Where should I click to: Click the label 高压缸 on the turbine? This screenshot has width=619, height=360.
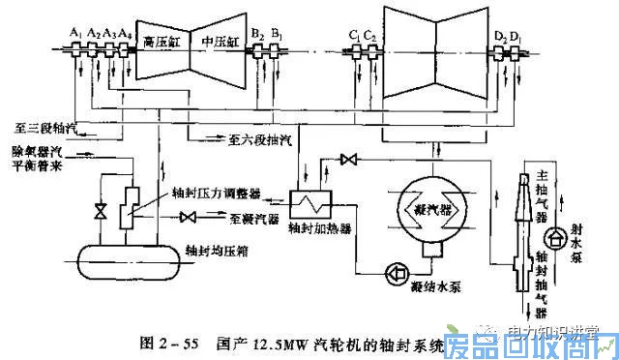[160, 42]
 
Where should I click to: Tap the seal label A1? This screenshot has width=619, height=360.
[75, 32]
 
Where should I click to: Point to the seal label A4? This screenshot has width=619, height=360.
[126, 32]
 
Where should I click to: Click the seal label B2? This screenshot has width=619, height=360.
[256, 34]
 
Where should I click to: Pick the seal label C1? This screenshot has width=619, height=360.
[354, 35]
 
